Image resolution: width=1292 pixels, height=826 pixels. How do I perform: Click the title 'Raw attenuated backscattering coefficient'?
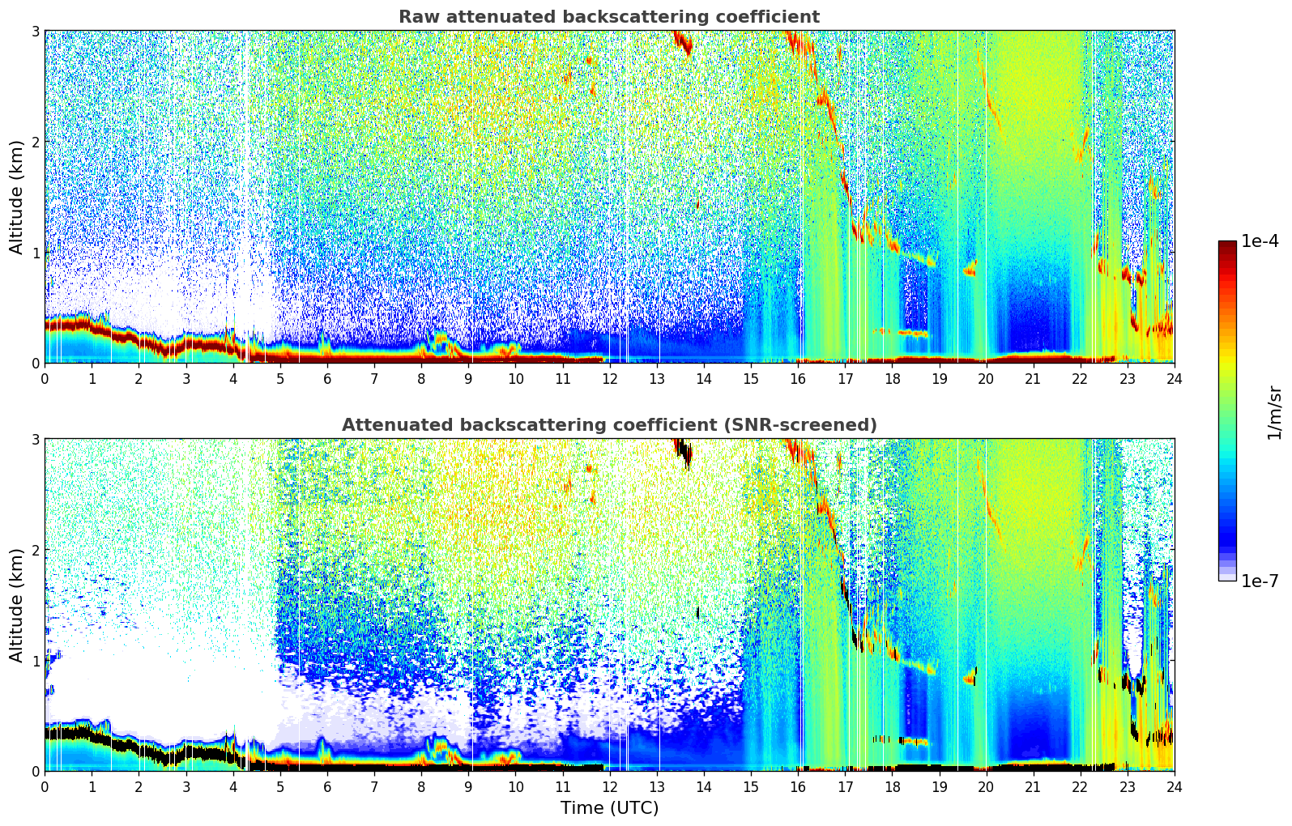pos(609,17)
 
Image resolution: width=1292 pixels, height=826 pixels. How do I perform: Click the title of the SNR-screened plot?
pos(609,424)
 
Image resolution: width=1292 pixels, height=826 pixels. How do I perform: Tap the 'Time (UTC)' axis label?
pos(609,807)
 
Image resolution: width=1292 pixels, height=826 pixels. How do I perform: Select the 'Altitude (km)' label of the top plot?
pos(16,198)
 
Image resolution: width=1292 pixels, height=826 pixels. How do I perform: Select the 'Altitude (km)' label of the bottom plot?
pos(16,605)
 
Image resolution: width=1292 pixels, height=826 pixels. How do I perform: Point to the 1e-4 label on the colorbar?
pos(1260,241)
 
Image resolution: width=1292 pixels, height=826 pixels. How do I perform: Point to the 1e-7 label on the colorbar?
pos(1260,581)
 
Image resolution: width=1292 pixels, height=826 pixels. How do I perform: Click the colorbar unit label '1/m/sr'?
pos(1274,414)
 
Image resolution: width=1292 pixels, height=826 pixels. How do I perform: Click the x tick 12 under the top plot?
pos(610,379)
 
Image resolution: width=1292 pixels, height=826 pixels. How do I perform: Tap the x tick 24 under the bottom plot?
pos(1175,787)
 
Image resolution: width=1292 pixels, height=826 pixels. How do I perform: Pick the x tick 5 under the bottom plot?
pos(280,787)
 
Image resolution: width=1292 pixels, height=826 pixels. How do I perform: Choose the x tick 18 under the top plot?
pos(893,379)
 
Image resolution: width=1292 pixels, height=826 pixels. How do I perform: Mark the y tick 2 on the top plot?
pos(35,142)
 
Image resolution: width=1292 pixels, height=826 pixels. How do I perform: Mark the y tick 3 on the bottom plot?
pos(35,440)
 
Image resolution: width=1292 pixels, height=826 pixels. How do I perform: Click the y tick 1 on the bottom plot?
pos(35,661)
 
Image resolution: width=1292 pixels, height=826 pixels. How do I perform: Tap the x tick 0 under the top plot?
pos(45,379)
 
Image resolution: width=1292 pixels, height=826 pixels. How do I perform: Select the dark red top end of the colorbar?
pos(1227,244)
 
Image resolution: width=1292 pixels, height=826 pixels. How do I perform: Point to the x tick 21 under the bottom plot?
pos(1033,787)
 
